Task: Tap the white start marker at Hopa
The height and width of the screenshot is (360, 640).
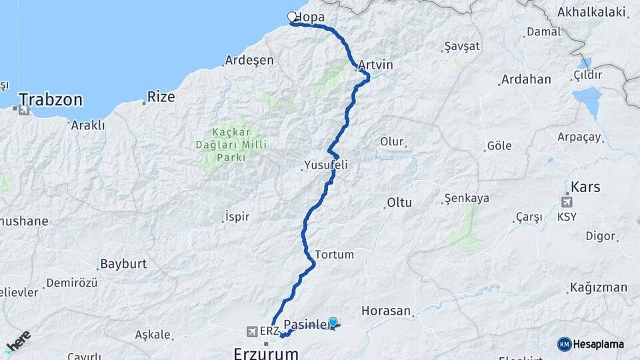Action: pyautogui.click(x=291, y=17)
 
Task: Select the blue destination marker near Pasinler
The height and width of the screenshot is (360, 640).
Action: pyautogui.click(x=333, y=322)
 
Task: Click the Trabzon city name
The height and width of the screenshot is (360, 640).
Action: pyautogui.click(x=51, y=100)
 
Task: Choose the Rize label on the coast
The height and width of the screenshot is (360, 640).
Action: pyautogui.click(x=161, y=97)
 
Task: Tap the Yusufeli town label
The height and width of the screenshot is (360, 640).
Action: pyautogui.click(x=326, y=165)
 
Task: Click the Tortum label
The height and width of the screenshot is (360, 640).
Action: pyautogui.click(x=334, y=255)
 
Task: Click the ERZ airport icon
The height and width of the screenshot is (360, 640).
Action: pyautogui.click(x=252, y=331)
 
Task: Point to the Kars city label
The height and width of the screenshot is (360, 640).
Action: pyautogui.click(x=585, y=187)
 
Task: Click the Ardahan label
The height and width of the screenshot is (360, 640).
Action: pyautogui.click(x=526, y=79)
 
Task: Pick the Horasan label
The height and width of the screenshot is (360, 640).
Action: pyautogui.click(x=386, y=311)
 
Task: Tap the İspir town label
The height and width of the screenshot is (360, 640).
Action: pyautogui.click(x=237, y=217)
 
